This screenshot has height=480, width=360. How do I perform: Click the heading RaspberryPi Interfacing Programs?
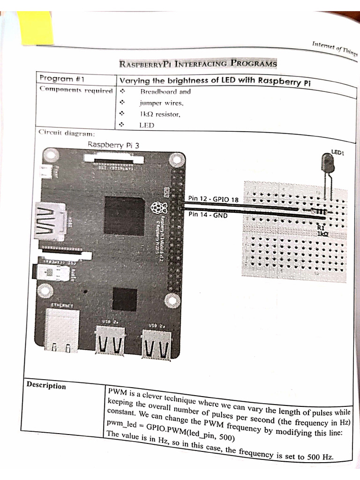[198, 63]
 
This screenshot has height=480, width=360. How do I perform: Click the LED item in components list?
[147, 125]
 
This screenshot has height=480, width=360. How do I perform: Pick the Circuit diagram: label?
[67, 133]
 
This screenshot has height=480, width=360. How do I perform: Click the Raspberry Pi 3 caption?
[113, 145]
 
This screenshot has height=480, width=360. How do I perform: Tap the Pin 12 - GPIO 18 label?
[213, 199]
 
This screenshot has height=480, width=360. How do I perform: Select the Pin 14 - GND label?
[208, 215]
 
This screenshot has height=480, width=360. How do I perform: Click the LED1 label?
[338, 152]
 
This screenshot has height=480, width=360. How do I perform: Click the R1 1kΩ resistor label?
[322, 231]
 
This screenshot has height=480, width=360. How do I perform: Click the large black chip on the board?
[124, 216]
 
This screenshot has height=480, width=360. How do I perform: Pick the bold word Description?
[46, 386]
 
